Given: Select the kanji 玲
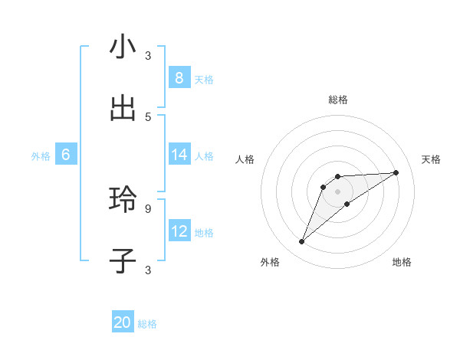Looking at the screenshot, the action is [x=123, y=199].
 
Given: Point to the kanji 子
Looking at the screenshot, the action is [x=123, y=260].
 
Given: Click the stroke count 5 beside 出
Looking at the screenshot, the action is [x=148, y=116].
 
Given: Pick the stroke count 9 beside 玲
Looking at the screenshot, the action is [x=148, y=208].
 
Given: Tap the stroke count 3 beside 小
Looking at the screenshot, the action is [x=148, y=55].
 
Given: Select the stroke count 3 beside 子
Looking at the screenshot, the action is [x=148, y=270].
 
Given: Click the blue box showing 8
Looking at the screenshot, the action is [x=179, y=77].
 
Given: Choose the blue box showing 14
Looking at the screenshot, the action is [x=179, y=155].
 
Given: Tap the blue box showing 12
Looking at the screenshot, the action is [x=179, y=231].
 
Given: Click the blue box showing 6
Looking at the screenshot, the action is [x=65, y=155].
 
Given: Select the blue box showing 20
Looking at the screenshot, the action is [x=123, y=322].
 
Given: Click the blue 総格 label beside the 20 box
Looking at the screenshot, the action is [x=147, y=324].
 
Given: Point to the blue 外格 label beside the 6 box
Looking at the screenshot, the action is [x=41, y=155].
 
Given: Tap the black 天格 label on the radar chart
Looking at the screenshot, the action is [x=431, y=159].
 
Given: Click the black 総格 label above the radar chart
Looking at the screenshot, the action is [x=337, y=100].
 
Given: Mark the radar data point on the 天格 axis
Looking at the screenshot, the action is [x=396, y=172].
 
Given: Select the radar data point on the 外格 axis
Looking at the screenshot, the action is [x=301, y=242].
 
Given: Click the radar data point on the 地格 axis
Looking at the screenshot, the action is [x=347, y=204].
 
